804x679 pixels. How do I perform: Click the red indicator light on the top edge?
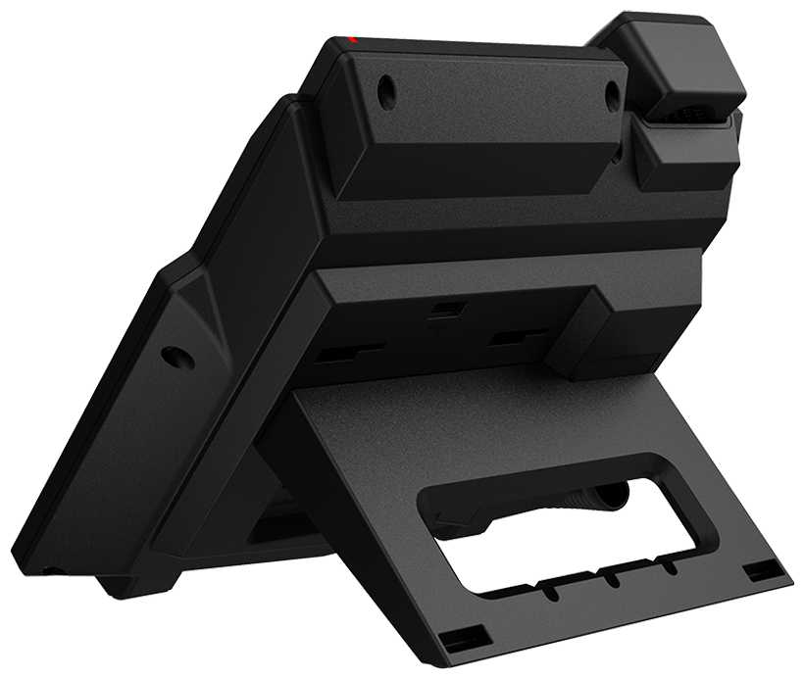click(354, 40)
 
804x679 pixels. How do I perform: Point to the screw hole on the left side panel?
click(178, 357)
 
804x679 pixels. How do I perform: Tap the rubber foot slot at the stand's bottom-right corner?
click(757, 572)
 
